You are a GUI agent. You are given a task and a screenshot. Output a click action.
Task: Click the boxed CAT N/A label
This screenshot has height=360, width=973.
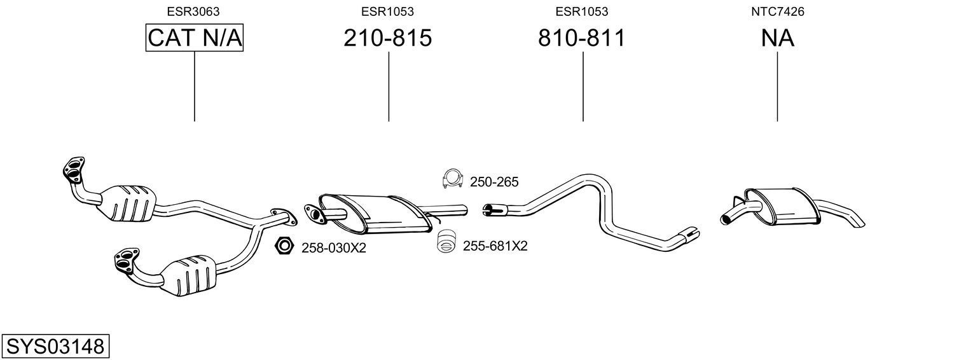pos(195,38)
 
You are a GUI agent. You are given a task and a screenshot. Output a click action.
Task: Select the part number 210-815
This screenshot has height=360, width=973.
pos(388,38)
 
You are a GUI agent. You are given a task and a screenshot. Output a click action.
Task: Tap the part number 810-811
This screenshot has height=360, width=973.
pos(582,38)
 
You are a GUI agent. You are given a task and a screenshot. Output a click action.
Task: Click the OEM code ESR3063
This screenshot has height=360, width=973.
pos(194,11)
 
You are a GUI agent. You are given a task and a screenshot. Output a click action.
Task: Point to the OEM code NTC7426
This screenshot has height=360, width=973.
pos(777,11)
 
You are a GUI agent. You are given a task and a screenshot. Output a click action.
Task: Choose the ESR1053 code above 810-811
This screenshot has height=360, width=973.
pos(582,11)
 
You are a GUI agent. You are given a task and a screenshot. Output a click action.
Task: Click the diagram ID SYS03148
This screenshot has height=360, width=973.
pos(55,347)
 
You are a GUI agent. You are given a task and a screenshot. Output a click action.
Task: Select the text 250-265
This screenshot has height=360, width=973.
pos(494,183)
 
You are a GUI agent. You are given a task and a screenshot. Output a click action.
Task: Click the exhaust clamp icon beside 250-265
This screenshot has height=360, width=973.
pos(452,180)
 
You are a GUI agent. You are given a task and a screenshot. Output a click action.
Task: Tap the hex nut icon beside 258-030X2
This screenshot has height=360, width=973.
pos(284,246)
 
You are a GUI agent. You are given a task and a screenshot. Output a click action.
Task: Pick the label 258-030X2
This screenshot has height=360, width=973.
pos(334,247)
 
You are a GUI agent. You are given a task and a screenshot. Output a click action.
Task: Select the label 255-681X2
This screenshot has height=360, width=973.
pos(495,246)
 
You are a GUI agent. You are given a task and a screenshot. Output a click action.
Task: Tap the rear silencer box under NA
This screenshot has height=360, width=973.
pos(789,205)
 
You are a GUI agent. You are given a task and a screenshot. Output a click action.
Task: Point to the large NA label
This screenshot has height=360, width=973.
pos(777,38)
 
